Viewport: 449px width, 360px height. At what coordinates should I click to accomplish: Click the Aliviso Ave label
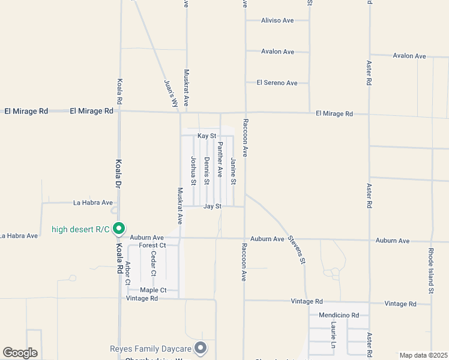[277, 20]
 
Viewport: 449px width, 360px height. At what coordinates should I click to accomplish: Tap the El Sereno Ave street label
[277, 83]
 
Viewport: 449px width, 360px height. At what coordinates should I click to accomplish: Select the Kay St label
[206, 136]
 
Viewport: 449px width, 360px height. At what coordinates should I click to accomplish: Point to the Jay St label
[212, 206]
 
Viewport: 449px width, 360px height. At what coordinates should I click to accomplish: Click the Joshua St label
[193, 171]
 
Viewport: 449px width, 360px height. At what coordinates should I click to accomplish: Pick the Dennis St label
[206, 171]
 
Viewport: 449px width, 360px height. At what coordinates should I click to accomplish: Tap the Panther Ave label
[220, 160]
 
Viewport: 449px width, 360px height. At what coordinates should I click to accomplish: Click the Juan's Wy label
[171, 93]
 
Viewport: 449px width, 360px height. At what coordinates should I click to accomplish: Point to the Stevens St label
[296, 250]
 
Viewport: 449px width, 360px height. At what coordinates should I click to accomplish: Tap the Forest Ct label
[152, 245]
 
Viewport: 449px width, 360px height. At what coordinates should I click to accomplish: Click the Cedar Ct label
[154, 263]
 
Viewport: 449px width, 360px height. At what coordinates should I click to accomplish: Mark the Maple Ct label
[149, 291]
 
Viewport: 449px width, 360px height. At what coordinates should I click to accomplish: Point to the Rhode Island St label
[431, 271]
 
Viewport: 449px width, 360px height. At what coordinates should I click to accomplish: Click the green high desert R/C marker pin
[119, 228]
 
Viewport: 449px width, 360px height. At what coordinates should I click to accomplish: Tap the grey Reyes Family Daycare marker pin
[201, 347]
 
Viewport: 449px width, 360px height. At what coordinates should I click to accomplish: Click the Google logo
[20, 353]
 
